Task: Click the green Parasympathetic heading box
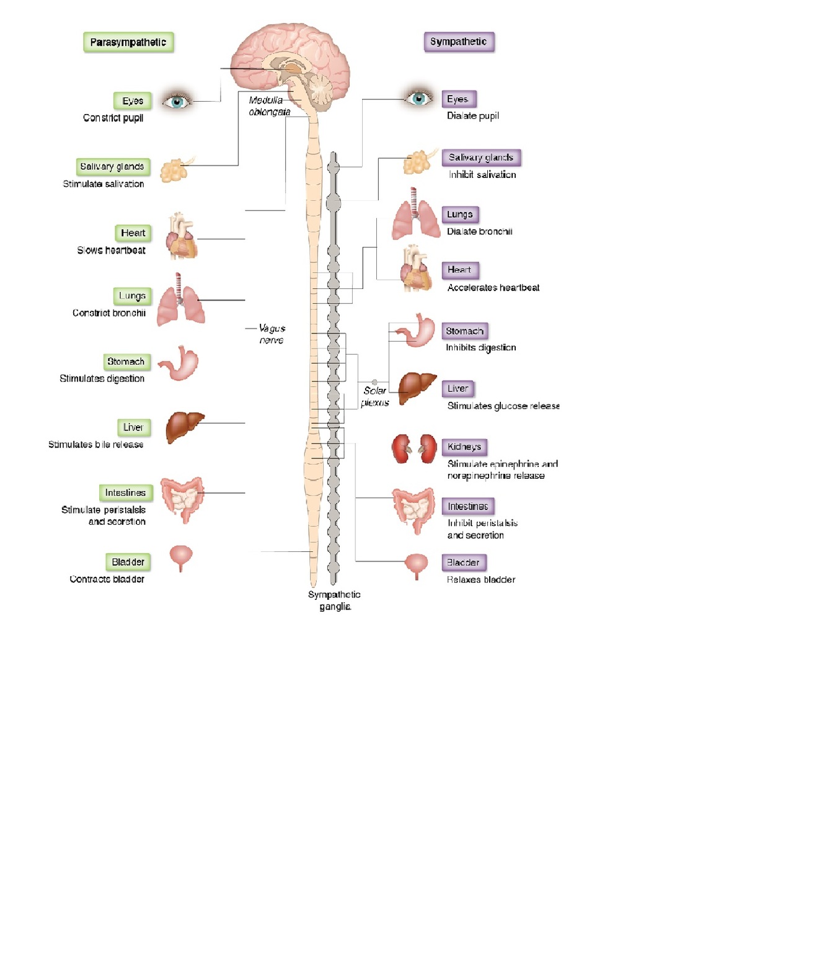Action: coord(128,42)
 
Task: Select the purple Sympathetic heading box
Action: coord(459,42)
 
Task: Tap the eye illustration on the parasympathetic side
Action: coord(176,101)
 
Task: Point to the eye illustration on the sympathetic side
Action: coord(418,98)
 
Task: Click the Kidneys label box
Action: coord(464,447)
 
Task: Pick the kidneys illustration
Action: coord(413,448)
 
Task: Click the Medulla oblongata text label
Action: coord(269,106)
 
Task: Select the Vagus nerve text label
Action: coord(272,334)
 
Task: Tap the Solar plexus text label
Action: coord(375,396)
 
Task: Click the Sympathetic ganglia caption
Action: coord(334,600)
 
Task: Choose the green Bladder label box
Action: coord(128,562)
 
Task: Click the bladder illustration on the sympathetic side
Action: coord(416,565)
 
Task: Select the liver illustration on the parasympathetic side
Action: coord(184,427)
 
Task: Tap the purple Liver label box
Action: coord(458,388)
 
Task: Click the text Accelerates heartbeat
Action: coord(493,288)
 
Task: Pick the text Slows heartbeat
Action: coord(111,251)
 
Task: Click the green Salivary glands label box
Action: coord(112,166)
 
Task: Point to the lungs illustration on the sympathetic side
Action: coord(415,217)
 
